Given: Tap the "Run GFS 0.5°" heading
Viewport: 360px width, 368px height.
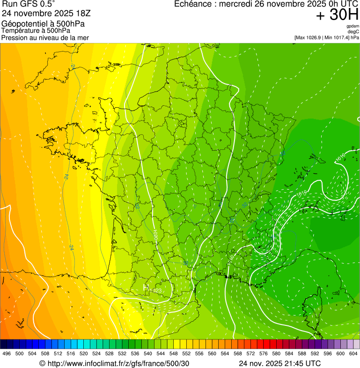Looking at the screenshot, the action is point(29,4).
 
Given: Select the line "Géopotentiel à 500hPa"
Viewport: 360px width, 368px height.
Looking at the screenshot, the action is point(43,24).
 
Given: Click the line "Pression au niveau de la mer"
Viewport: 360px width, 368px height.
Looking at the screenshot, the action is point(45,37).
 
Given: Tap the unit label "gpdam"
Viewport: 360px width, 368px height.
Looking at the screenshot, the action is point(353,26).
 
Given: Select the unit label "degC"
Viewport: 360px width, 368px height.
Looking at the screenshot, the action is point(353,31).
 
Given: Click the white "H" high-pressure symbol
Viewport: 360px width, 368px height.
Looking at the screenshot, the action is point(146,286).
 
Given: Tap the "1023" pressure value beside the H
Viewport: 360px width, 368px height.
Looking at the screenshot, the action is point(155,291).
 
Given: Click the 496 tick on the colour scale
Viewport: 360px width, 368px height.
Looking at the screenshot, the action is point(7,354).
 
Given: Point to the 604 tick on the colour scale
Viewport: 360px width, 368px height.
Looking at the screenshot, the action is point(353,354).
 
